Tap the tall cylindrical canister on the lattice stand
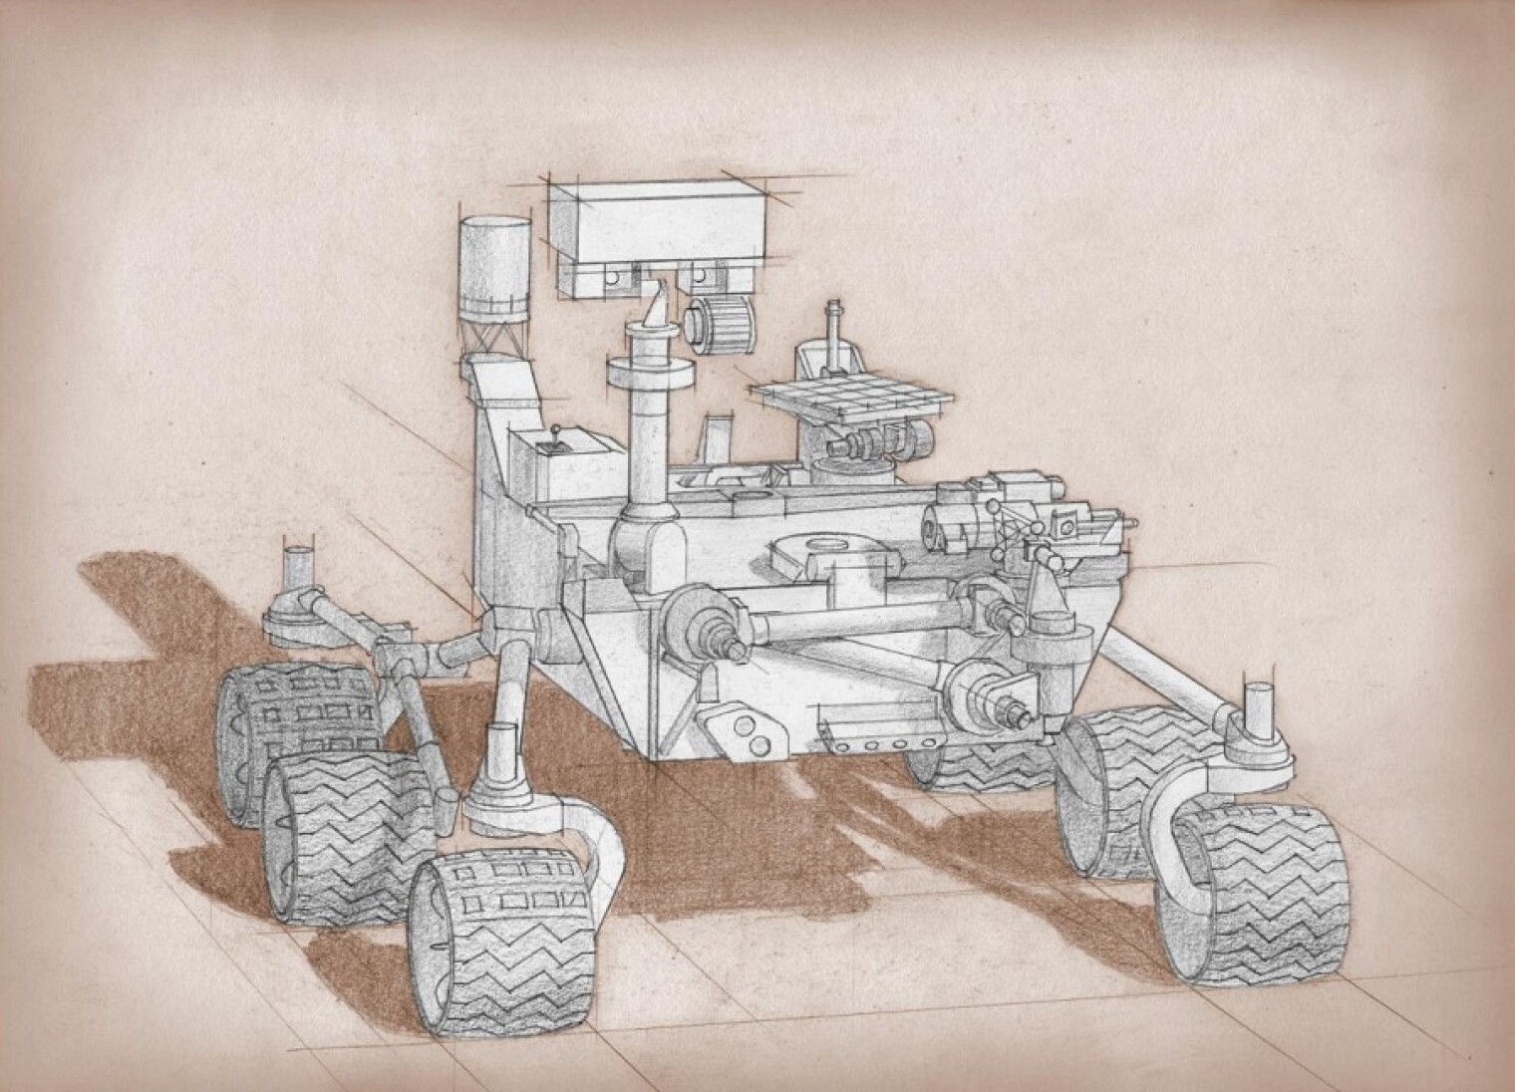(494, 261)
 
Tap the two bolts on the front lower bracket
(753, 732)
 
